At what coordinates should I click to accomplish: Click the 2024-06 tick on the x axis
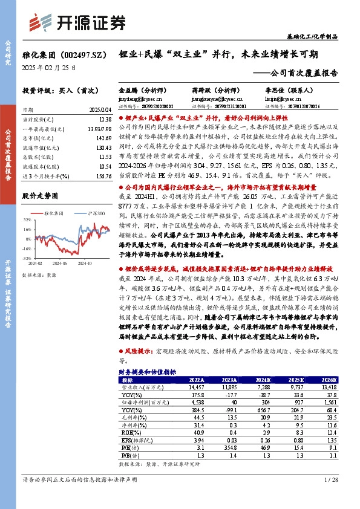(59, 264)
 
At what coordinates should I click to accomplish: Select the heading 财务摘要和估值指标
(147, 372)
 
